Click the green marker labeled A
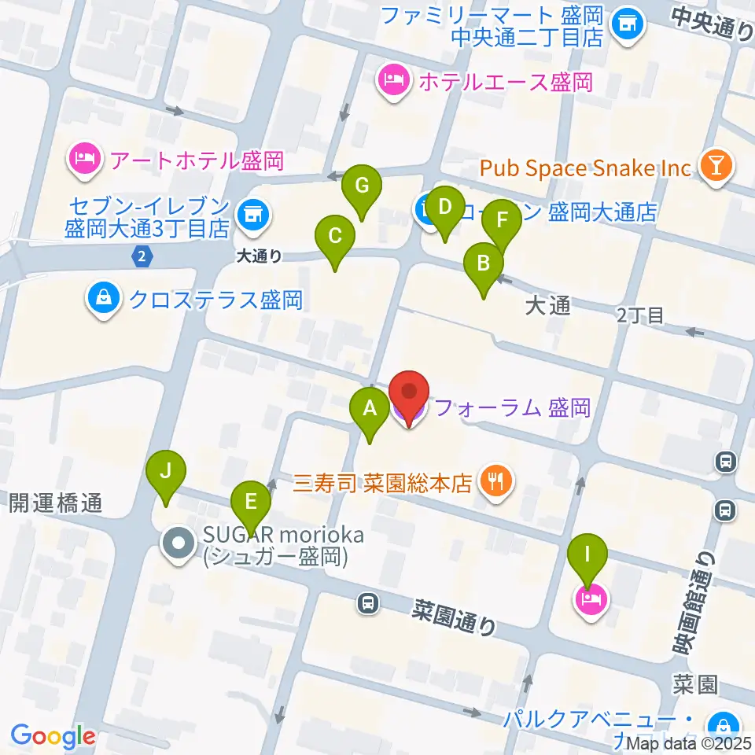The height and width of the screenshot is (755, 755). click(368, 408)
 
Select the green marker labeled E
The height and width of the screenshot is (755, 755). click(251, 501)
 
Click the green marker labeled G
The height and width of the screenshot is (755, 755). click(362, 186)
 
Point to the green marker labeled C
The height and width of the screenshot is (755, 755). click(334, 235)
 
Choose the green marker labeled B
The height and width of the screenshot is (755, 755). click(483, 263)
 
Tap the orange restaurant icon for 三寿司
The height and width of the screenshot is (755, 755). click(495, 479)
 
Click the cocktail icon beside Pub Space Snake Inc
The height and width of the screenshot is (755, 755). click(717, 166)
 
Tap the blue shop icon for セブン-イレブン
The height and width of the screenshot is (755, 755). click(252, 212)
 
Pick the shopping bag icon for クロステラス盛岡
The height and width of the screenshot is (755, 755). click(103, 299)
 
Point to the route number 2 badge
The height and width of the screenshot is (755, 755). click(141, 256)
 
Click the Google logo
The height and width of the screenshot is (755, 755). click(53, 736)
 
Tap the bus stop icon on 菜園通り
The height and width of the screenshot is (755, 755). click(366, 603)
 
